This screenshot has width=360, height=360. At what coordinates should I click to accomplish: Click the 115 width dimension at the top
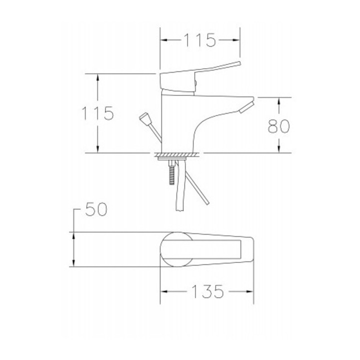(200, 40)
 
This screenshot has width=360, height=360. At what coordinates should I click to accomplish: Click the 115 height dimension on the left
(98, 113)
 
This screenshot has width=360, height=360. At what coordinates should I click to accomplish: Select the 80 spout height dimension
(278, 126)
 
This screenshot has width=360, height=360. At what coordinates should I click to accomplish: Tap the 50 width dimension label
(96, 209)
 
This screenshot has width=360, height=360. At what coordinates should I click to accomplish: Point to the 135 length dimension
(207, 291)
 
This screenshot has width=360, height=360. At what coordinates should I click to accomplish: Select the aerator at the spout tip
(247, 108)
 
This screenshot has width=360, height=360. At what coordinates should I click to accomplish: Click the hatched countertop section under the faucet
(177, 154)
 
